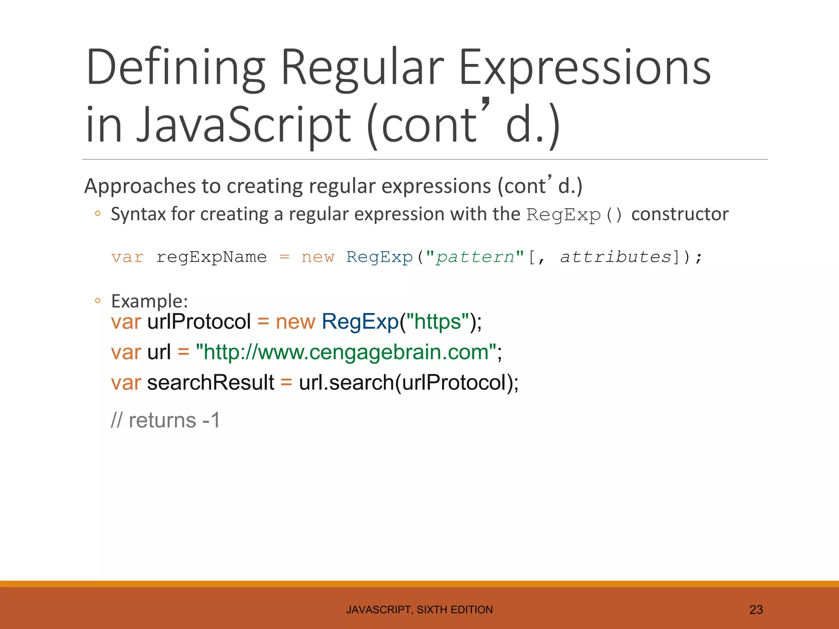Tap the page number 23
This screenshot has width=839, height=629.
(x=756, y=610)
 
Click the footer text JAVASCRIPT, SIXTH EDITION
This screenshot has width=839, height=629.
(x=419, y=610)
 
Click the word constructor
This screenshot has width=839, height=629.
(x=680, y=214)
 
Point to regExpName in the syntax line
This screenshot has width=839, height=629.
(x=211, y=257)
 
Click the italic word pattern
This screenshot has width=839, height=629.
(x=475, y=257)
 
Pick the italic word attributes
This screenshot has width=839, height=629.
(x=616, y=257)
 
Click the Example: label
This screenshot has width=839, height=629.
(x=150, y=301)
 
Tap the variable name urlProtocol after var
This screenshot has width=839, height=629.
(x=199, y=321)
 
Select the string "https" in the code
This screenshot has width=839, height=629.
(x=438, y=321)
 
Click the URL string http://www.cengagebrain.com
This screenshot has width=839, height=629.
(x=346, y=352)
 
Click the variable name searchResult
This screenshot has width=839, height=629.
(x=211, y=382)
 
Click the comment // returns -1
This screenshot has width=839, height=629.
(x=166, y=421)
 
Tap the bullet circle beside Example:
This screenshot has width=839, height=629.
(x=98, y=301)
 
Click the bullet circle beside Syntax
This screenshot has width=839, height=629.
(x=98, y=213)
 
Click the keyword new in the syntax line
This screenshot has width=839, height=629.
(x=317, y=257)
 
